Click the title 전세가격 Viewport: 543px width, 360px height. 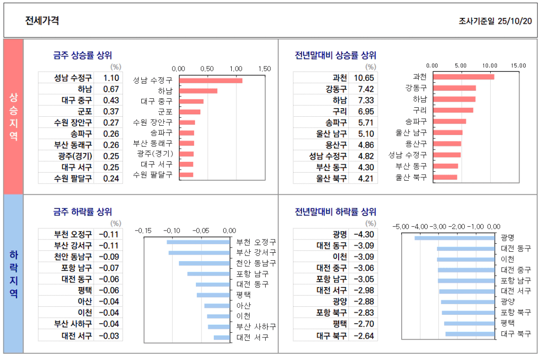42,21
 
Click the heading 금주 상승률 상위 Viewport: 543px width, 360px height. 82,56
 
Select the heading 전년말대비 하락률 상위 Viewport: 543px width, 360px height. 335,212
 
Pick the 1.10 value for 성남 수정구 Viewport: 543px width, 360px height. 111,78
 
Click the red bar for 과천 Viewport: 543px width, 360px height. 463,77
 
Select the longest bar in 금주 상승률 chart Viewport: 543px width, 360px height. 211,80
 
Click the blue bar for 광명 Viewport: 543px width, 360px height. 454,238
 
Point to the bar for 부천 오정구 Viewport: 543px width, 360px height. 198,242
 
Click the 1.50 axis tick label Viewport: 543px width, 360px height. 264,69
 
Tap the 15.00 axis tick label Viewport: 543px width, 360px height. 519,66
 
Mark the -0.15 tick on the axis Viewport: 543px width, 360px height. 143,231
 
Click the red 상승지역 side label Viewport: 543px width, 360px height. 14,117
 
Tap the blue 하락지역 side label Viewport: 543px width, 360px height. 14,274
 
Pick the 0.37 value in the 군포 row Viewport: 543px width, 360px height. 111,112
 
